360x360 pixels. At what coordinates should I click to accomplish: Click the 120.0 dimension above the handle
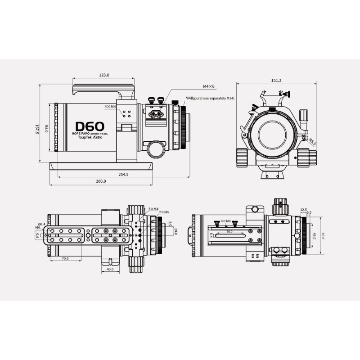[104, 76]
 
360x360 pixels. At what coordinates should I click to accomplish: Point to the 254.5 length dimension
[123, 174]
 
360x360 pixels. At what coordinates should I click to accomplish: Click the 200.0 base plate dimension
[101, 181]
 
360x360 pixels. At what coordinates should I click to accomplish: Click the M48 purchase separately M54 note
[210, 98]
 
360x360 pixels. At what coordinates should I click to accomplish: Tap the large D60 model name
[90, 127]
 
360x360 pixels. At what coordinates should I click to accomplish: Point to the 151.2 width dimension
[276, 80]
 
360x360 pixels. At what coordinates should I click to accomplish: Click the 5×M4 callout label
[153, 208]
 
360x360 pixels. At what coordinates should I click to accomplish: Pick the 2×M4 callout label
[164, 212]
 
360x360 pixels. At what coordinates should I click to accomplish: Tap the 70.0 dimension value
[65, 258]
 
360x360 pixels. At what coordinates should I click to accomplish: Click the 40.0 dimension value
[109, 270]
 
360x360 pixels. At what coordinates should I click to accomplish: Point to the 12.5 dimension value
[303, 210]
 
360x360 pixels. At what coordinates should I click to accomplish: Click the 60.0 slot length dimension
[229, 231]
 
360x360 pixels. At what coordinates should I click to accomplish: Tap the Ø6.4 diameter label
[41, 224]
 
